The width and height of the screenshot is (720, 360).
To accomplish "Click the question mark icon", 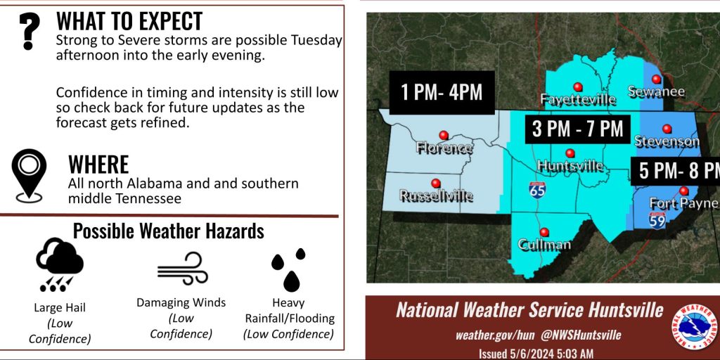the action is coord(30,31).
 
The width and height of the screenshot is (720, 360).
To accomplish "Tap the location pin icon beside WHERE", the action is coord(29,175).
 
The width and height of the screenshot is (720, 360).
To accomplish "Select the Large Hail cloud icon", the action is coord(59,265).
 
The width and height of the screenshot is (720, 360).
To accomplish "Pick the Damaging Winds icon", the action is coord(183,269).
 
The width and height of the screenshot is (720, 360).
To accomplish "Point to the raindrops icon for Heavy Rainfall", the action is coord(288,270).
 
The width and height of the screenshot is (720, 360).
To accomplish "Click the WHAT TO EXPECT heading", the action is coord(129,21).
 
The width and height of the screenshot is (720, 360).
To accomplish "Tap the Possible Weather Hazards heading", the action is coord(169,231).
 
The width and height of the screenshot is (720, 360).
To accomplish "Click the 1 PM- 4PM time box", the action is coord(442,92).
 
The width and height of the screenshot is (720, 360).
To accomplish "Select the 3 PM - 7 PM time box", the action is coord(578,129).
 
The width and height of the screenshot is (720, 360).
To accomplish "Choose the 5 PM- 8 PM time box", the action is coord(675,172).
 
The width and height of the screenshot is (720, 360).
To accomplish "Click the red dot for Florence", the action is coord(444,135).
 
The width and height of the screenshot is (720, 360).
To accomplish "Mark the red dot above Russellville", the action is coord(435,182).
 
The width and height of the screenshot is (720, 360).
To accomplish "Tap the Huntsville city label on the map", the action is coord(570,165).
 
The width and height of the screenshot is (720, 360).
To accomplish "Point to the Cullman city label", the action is coord(544,244).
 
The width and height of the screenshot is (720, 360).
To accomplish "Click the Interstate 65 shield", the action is coord(537,190).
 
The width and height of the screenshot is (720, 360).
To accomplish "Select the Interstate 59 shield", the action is coord(657,220).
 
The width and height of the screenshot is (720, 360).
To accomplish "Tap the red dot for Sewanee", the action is coord(656,79).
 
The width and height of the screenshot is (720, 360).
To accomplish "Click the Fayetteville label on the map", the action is coord(578,98).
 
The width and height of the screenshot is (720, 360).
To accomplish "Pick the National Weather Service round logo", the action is coord(694,327).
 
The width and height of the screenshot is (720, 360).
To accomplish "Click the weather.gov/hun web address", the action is coord(495,335).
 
